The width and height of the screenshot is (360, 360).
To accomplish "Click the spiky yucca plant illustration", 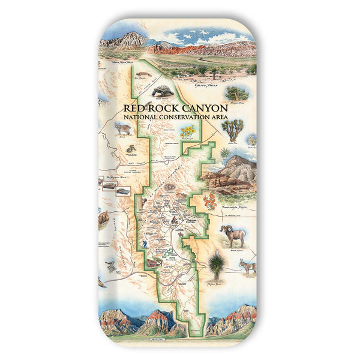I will [x=216, y=262].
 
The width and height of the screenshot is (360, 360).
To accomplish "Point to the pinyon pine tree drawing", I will [x=238, y=94].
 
